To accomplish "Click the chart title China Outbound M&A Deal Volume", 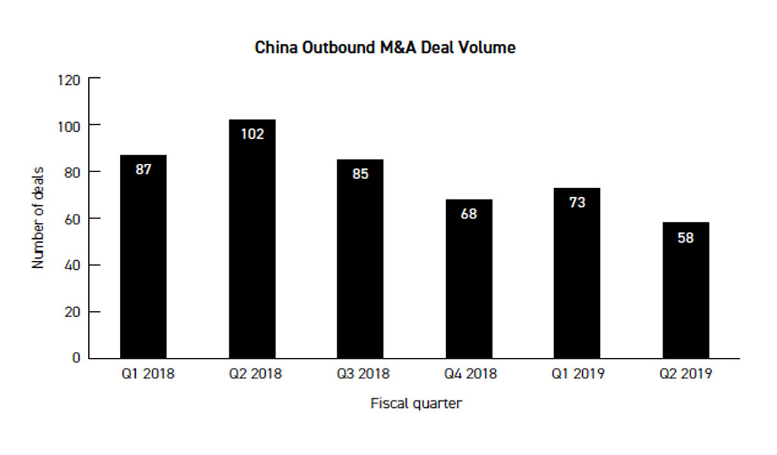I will click(385, 48).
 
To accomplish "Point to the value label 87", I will click(143, 170).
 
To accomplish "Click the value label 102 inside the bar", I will click(252, 134).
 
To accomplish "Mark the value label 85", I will click(360, 174).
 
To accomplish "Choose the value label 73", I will click(577, 202).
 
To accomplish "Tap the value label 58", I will click(686, 237).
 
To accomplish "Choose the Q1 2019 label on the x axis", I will click(577, 375).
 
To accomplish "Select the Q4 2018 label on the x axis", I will click(469, 375).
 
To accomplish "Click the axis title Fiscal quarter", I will click(416, 403).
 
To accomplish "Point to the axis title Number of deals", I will click(39, 218).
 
